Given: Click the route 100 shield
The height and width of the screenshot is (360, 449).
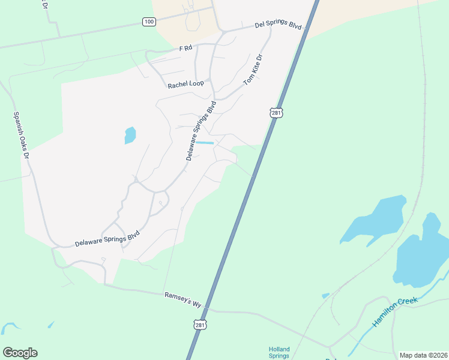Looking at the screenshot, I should point(149,22).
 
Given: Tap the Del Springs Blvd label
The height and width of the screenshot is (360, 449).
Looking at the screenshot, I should point(277,26).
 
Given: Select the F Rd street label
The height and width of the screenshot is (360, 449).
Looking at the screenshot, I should point(185,48).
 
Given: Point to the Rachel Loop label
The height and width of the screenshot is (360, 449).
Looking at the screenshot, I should point(185,85).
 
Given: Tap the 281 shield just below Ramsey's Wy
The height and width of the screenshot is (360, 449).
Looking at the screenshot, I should point(200,325).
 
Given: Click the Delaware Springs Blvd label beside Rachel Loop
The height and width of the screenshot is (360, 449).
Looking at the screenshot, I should point(200,131).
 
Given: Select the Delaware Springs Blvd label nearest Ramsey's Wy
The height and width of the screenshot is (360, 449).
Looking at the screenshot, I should point(107,238).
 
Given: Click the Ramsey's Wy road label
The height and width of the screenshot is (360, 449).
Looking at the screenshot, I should point(182,299).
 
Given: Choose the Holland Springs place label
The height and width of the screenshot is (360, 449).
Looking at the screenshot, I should point(279,352).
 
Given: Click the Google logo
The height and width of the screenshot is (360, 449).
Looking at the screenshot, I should point(20,353).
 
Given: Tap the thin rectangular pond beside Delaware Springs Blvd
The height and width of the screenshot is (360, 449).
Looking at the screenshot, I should point(205,143).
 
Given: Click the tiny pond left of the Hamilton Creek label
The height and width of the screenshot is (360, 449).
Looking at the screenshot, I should point(325,295).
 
